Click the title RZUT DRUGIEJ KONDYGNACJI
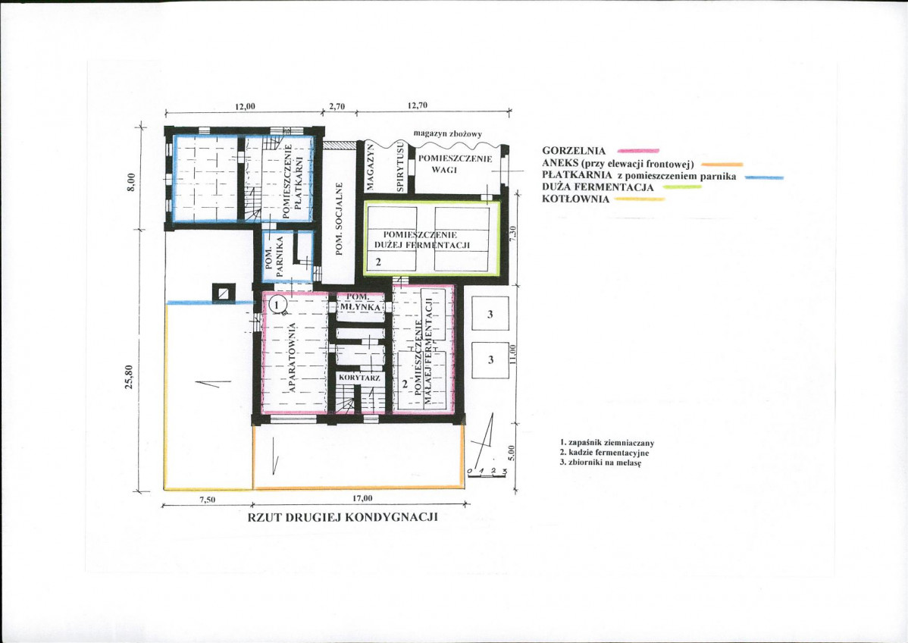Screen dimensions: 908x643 [343, 517]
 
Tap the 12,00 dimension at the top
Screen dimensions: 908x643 [244, 106]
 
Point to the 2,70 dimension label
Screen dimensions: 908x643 [337, 106]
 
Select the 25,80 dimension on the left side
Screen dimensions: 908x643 [130, 377]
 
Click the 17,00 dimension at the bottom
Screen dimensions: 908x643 [362, 498]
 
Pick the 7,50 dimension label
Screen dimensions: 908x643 [207, 500]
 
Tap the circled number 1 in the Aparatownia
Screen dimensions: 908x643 [277, 303]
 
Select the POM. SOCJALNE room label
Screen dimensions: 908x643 [340, 219]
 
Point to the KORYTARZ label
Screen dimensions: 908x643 [359, 378]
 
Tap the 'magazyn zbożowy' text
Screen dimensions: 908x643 [447, 133]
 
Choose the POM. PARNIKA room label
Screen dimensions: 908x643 [274, 256]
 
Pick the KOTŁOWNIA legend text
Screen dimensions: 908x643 [575, 199]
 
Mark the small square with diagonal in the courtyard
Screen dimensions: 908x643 [223, 293]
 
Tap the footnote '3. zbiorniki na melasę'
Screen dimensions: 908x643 [600, 463]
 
